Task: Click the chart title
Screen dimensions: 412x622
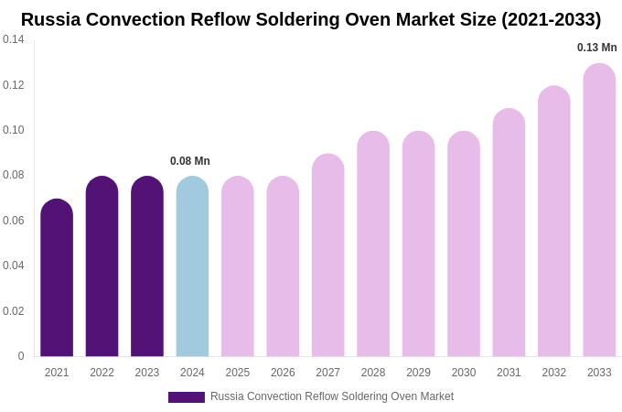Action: pyautogui.click(x=311, y=19)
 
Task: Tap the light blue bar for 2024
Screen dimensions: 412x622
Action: pyautogui.click(x=192, y=266)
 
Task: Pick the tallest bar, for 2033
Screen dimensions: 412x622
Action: pyautogui.click(x=599, y=210)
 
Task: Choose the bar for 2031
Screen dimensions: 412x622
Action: pyautogui.click(x=509, y=233)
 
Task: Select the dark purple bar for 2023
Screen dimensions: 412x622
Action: pyautogui.click(x=147, y=266)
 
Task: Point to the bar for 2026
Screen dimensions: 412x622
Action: pyautogui.click(x=283, y=266)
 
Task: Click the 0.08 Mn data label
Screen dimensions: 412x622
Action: pyautogui.click(x=190, y=161)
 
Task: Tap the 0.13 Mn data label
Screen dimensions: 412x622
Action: pyautogui.click(x=596, y=48)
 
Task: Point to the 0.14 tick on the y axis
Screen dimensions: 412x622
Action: pyautogui.click(x=14, y=39)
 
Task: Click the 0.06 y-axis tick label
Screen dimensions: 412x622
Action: pyautogui.click(x=14, y=221)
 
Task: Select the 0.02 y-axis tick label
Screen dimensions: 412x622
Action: pyautogui.click(x=14, y=311)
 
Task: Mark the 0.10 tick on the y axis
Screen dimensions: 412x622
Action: pyautogui.click(x=14, y=130)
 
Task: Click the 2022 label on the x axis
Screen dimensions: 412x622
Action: pyautogui.click(x=102, y=373)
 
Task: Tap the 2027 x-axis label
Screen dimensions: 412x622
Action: pyautogui.click(x=327, y=373)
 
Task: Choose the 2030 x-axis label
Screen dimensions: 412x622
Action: pyautogui.click(x=464, y=373)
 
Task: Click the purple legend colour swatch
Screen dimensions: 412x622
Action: pyautogui.click(x=187, y=397)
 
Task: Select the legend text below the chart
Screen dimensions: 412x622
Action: pyautogui.click(x=332, y=396)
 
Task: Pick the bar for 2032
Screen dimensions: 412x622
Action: pyautogui.click(x=554, y=222)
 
